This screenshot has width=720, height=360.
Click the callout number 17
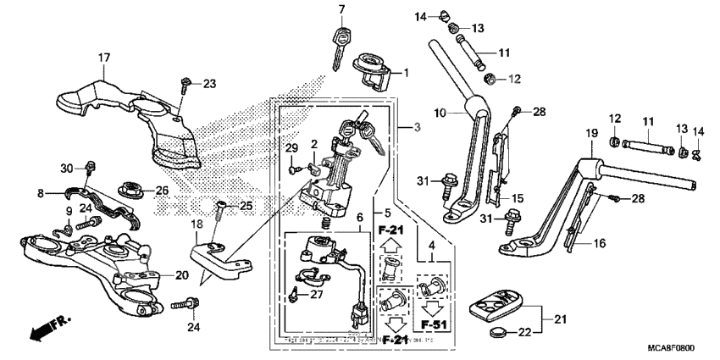(103, 58)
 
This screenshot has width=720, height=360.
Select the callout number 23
(209, 83)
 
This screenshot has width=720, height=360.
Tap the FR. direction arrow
(47, 328)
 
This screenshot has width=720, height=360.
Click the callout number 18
(197, 224)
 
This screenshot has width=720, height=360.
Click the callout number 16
(601, 243)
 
